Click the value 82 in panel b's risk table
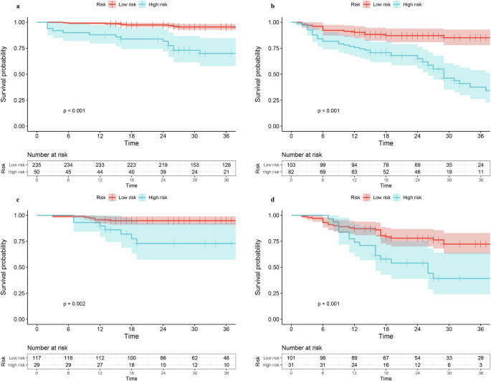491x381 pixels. tap(290, 171)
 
